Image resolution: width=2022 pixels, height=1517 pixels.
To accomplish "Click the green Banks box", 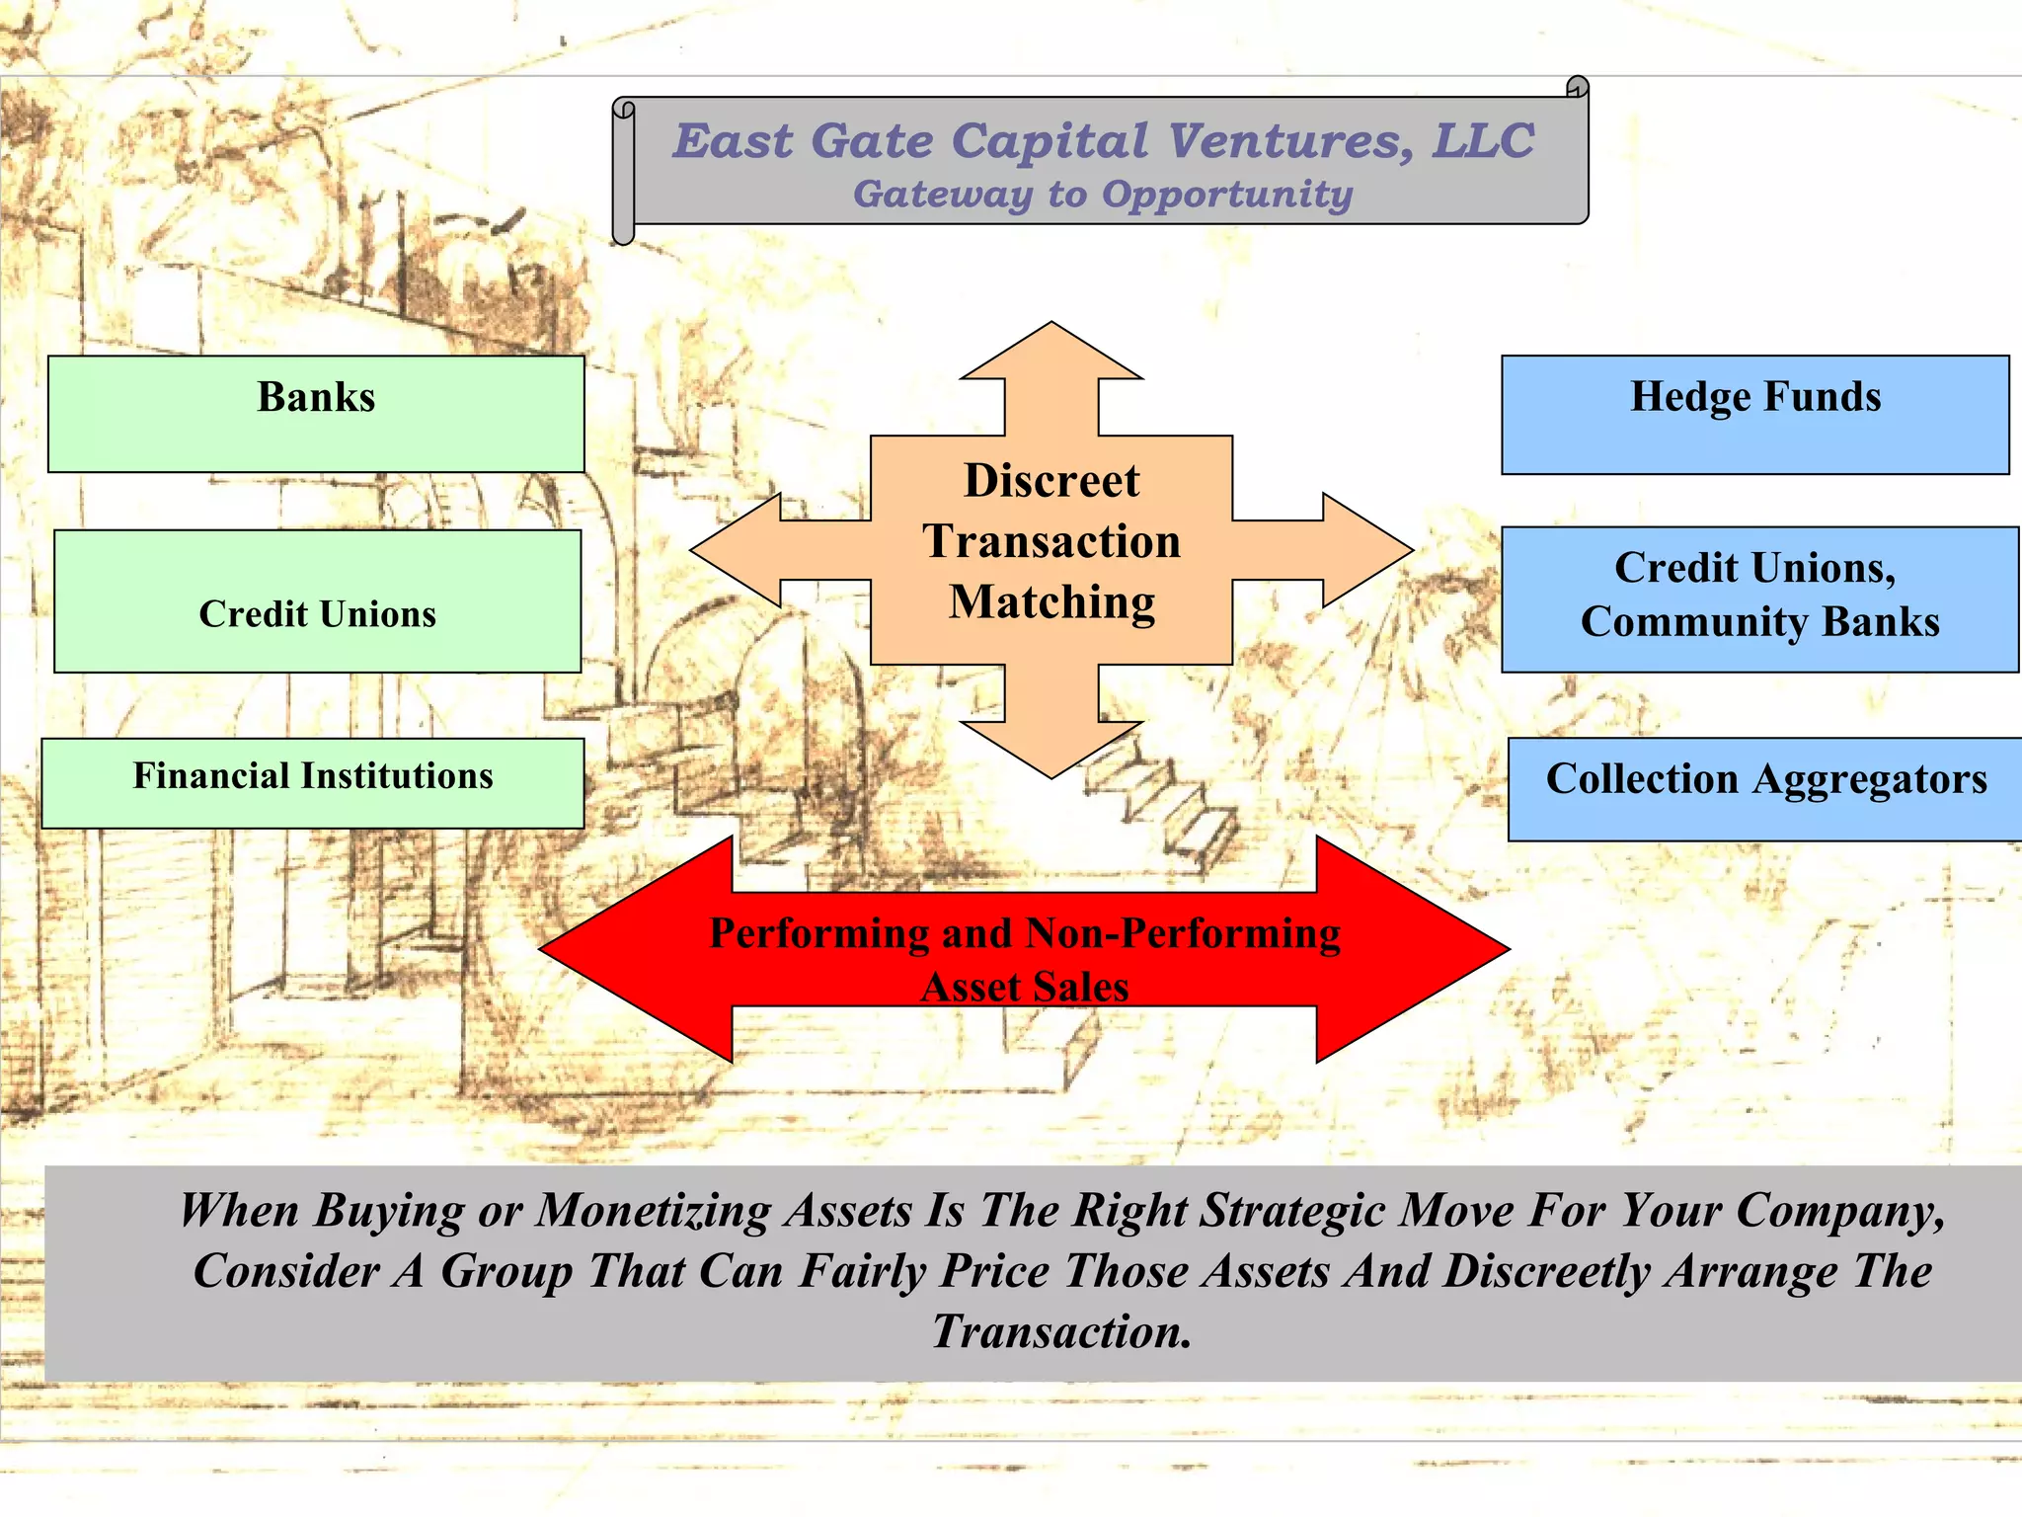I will [x=316, y=414].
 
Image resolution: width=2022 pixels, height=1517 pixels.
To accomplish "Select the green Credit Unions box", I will [x=317, y=601].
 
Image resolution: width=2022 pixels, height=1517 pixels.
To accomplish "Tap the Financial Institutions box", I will [x=313, y=783].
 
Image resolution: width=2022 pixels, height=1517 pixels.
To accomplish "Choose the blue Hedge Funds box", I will [x=1754, y=415].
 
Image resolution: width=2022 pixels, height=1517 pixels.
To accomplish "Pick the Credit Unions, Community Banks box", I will [x=1759, y=599].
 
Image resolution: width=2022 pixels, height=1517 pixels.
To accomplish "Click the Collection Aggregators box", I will [x=1765, y=789].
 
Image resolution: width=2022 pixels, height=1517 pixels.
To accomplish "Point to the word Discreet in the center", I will [x=1051, y=481].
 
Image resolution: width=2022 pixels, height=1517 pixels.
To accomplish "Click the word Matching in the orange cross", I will [x=1051, y=602].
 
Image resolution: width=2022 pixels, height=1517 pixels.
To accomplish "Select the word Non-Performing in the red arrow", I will [x=1183, y=933].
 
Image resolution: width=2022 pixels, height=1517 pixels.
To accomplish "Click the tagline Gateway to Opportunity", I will [x=1103, y=194].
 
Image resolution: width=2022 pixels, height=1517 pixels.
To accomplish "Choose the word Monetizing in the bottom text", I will [x=653, y=1211].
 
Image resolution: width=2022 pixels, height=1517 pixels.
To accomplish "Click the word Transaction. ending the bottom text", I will [x=1062, y=1332].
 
